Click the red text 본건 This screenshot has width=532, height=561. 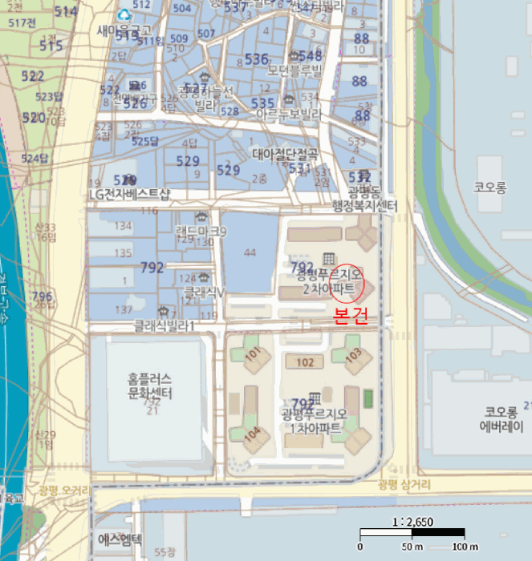pos(351,315)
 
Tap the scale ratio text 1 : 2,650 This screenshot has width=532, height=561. pos(412,522)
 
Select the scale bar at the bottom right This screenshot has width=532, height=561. pos(412,532)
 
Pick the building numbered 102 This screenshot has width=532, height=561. pos(305,362)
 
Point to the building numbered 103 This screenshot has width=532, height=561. pos(353,353)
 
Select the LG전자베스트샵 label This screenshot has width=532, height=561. pos(130,196)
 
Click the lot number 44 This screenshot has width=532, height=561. pos(250,253)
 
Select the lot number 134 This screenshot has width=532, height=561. pos(123,227)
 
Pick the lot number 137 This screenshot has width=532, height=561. pos(124,309)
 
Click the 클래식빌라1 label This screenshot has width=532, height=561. pos(165,325)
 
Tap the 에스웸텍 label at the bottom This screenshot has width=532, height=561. pos(120,539)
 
